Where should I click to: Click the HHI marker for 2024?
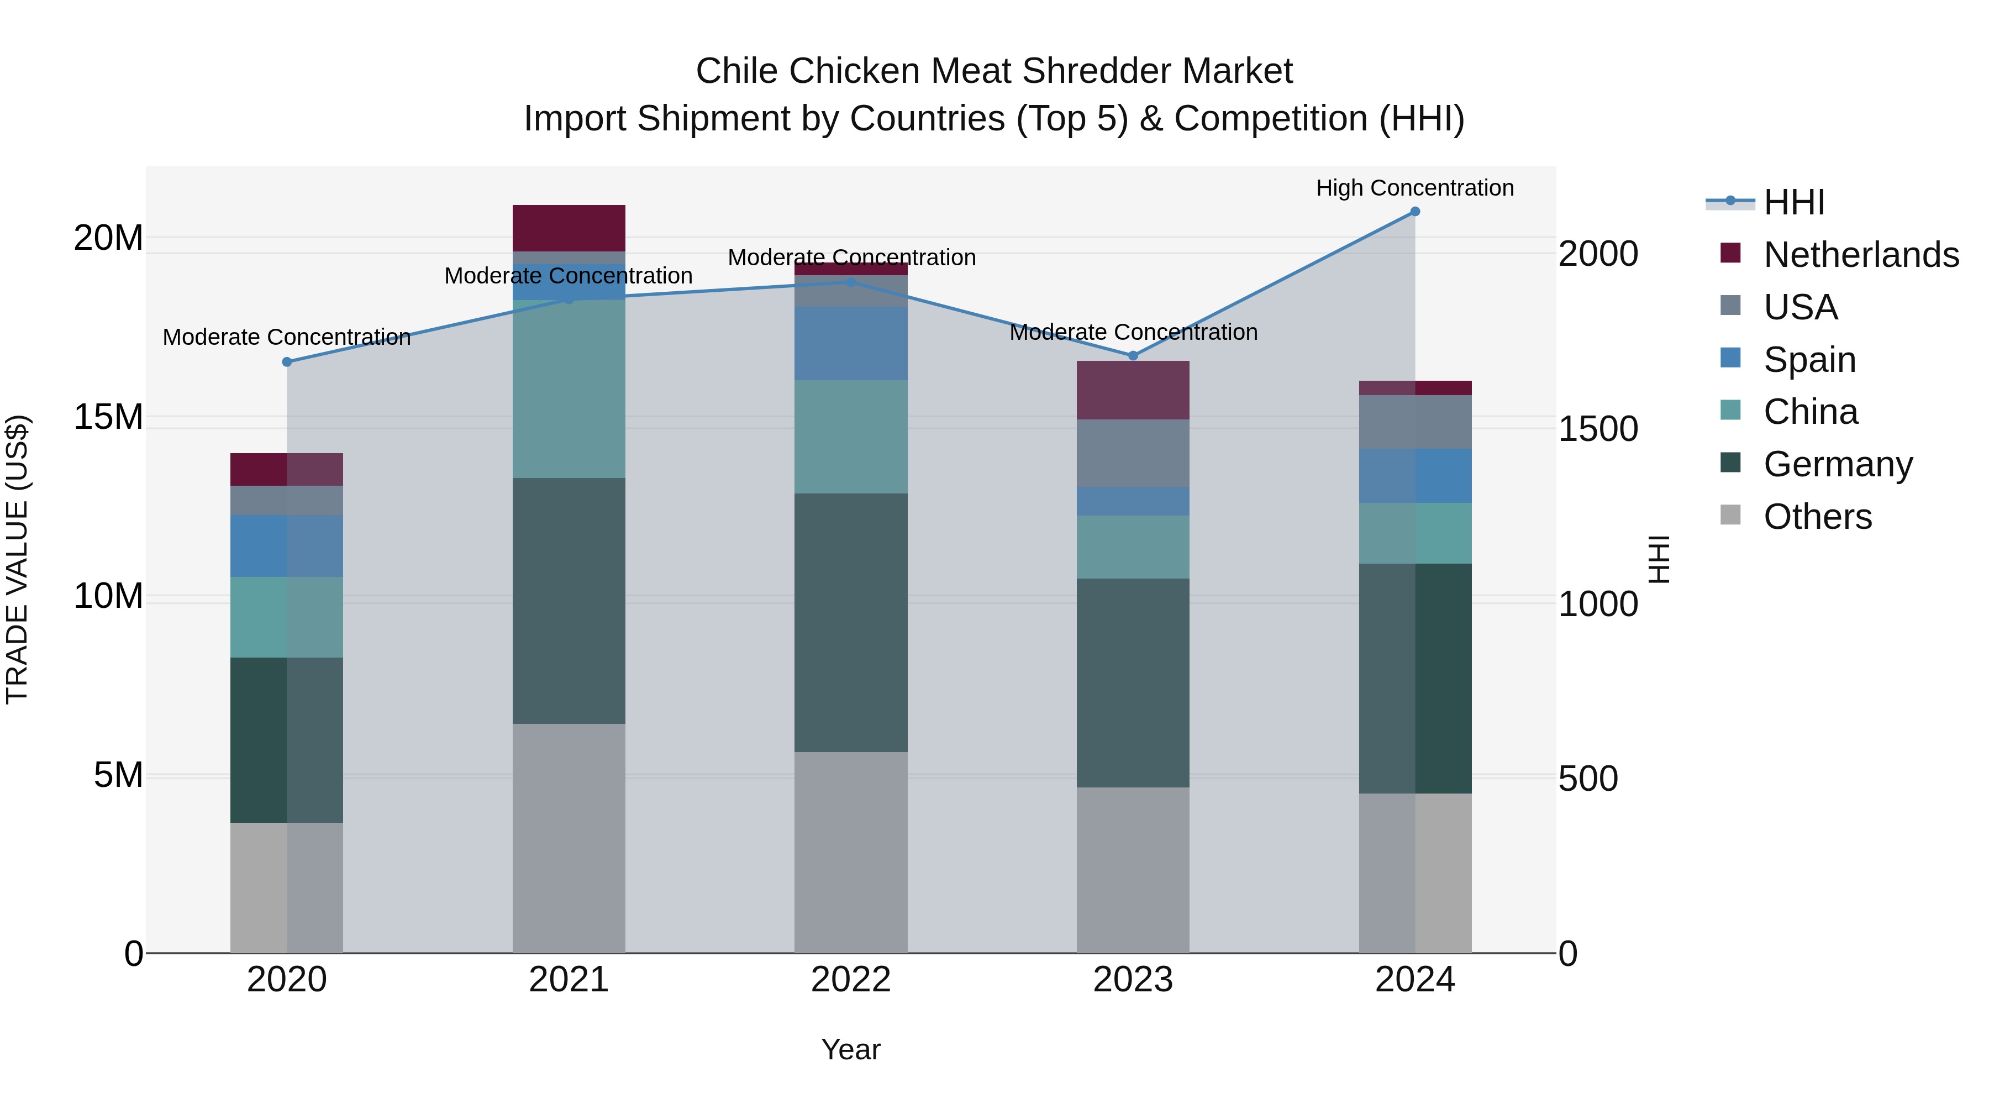(x=1414, y=212)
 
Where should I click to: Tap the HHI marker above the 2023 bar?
(x=1133, y=356)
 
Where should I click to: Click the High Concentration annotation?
(x=1414, y=188)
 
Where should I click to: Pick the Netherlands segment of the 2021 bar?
(x=569, y=228)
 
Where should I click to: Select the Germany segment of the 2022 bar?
(x=851, y=622)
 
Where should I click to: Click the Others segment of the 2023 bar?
(x=1133, y=870)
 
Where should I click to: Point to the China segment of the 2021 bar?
(x=569, y=388)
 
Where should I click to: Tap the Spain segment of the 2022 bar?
(x=851, y=343)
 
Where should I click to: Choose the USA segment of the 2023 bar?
(x=1133, y=453)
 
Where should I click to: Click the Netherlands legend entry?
(x=1860, y=255)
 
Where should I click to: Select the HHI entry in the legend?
(x=1793, y=202)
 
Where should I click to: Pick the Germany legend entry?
(x=1838, y=464)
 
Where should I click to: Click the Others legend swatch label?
(x=1818, y=517)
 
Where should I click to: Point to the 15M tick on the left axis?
(x=108, y=417)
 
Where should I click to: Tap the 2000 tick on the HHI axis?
(x=1597, y=254)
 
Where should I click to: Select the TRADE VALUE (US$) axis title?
(x=17, y=559)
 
